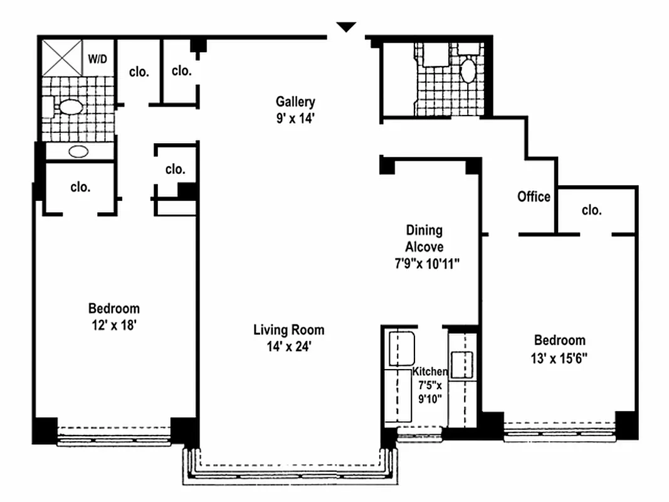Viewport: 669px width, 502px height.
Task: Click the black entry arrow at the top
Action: coord(346,27)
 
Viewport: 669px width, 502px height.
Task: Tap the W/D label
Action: coord(97,60)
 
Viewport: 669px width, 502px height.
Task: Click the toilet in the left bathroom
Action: coord(69,107)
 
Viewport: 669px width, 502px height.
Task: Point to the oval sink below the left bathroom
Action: coord(78,151)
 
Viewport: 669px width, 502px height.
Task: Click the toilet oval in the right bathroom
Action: coord(468,72)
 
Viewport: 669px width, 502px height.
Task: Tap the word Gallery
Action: coord(295,102)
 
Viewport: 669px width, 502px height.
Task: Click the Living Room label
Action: coord(289,329)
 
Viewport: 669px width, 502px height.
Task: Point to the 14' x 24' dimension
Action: coord(289,346)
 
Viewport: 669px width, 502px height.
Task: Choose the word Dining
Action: coord(423,230)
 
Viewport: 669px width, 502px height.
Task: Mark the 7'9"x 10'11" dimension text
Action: coord(423,264)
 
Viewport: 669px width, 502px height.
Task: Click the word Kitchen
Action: coord(429,371)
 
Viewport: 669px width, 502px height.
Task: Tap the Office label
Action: coord(534,196)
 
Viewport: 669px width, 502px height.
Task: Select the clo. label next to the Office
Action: coord(591,210)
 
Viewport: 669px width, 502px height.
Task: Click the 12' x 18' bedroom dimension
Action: coord(113,325)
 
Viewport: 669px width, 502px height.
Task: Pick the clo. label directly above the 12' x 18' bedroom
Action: coord(80,187)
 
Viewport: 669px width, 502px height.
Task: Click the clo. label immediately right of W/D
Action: coord(139,72)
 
